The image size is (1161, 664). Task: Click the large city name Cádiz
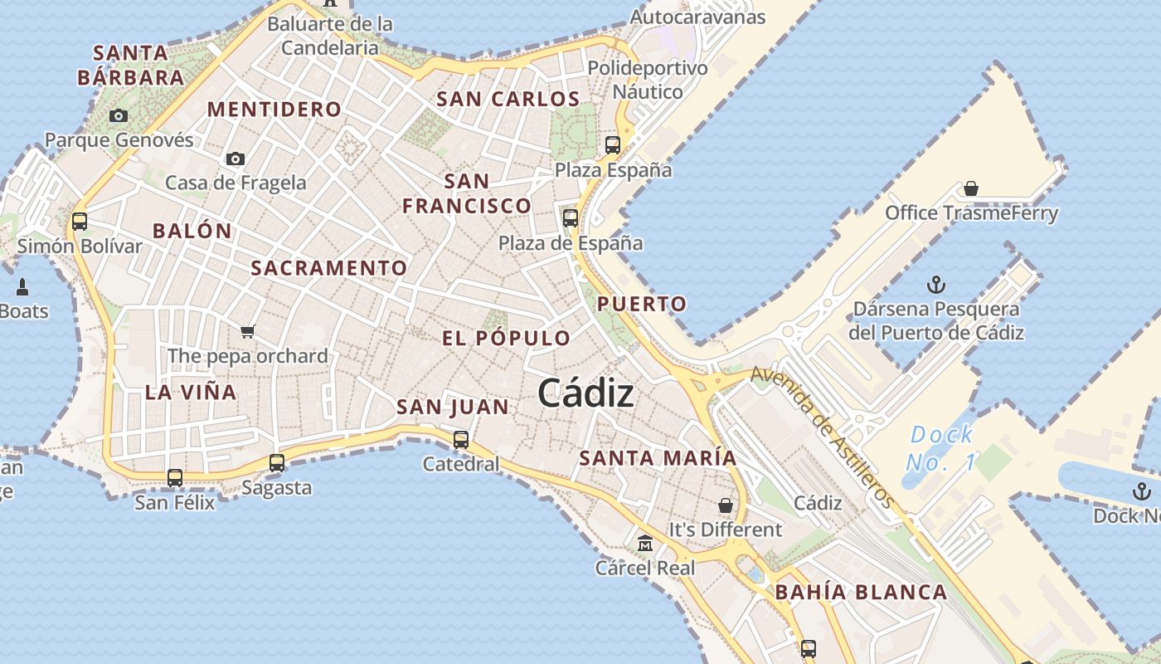point(586,393)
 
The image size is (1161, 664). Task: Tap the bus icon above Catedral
point(461,440)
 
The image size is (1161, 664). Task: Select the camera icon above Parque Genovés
point(119,115)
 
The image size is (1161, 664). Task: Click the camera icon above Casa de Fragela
point(236,159)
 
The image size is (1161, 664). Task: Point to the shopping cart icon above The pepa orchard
point(247,332)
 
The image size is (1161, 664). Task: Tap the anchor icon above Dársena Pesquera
point(935,286)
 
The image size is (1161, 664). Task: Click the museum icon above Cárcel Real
point(644,544)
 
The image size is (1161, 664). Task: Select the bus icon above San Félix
point(175,478)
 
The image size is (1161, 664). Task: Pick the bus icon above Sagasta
point(277,463)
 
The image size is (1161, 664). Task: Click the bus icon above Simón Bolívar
point(80,222)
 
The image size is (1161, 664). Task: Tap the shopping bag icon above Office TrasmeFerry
point(971,189)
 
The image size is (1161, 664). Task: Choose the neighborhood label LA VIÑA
point(191,393)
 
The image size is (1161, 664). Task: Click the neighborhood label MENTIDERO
point(274,110)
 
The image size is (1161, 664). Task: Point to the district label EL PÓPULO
point(506,339)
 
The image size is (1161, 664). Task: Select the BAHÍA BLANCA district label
point(861,593)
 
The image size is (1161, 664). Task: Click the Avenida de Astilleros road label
point(823,437)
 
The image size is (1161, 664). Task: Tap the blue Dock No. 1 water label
point(941,448)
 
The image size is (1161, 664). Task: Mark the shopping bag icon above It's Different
point(726,505)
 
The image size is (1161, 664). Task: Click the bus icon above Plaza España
point(613,145)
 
